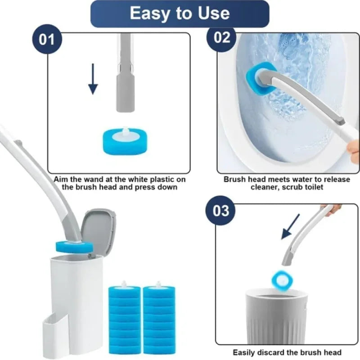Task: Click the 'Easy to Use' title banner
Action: point(180,14)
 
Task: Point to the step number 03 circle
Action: point(221,211)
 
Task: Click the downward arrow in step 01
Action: point(93,79)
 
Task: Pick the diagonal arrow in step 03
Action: point(292,226)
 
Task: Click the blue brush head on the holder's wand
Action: point(74,247)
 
